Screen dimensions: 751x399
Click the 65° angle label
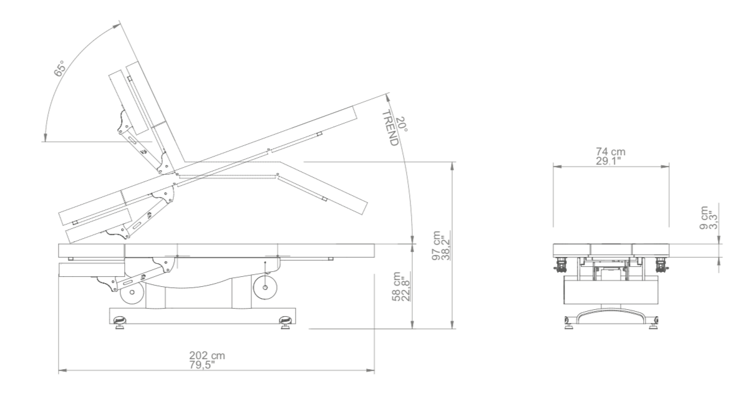[x=59, y=69]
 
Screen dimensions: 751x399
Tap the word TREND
[x=390, y=128]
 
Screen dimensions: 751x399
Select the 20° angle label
[x=402, y=124]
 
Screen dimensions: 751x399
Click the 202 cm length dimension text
[x=207, y=355]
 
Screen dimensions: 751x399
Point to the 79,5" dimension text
[x=202, y=365]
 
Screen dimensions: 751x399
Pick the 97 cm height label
[x=436, y=245]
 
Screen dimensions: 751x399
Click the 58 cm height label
[x=396, y=286]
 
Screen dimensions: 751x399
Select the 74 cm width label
[x=611, y=151]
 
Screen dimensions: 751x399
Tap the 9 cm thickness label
[x=704, y=218]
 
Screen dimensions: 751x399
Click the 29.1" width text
[x=609, y=161]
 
